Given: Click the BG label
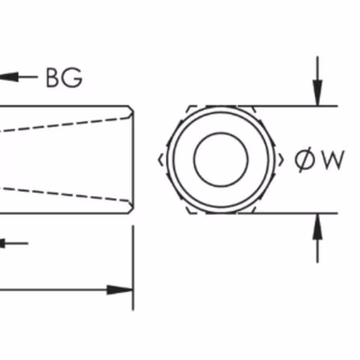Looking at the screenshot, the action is click(64, 78).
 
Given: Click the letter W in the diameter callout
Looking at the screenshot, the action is click(333, 160).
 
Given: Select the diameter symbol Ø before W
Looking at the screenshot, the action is click(305, 160).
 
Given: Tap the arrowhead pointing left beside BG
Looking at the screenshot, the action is click(9, 77).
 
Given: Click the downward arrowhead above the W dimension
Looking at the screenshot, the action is click(318, 93).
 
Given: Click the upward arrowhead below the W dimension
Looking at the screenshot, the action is click(318, 226).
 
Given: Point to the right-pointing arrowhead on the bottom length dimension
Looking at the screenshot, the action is click(120, 290).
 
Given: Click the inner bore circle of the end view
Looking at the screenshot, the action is click(221, 159).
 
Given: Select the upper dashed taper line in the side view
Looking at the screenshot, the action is click(65, 125).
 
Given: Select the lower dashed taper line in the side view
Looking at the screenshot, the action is click(65, 194).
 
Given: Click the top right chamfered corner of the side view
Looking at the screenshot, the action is click(131, 108).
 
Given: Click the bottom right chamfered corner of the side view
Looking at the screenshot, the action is click(131, 210).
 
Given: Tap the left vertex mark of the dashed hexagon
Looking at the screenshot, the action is click(161, 160).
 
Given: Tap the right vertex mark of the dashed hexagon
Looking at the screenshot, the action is click(281, 160).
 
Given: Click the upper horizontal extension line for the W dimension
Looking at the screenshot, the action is click(288, 106).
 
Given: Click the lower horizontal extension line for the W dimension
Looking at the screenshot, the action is click(288, 213).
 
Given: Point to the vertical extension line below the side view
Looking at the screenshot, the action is click(133, 268).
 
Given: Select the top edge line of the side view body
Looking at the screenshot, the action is click(64, 106).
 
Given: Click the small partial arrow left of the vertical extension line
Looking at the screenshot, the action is click(14, 243).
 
